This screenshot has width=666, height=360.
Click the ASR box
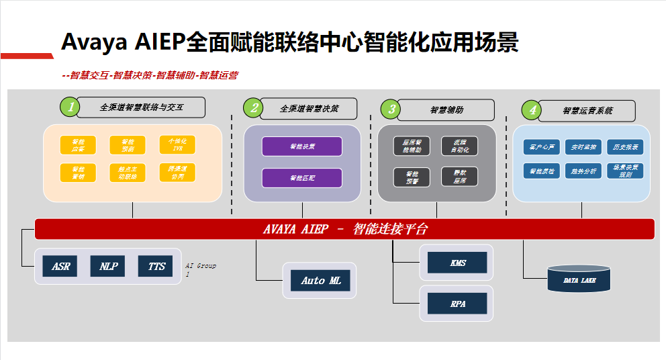tap(60, 267)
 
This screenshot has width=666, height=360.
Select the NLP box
tap(109, 267)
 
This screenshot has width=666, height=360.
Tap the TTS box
tap(156, 267)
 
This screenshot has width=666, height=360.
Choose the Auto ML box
tap(321, 281)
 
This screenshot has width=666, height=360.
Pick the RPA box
tap(458, 304)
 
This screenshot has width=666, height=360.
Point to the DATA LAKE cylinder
tap(579, 280)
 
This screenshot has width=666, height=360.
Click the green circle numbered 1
tap(69, 106)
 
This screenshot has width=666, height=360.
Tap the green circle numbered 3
tap(391, 109)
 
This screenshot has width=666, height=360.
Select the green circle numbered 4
tap(532, 109)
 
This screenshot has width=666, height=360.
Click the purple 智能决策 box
tap(302, 146)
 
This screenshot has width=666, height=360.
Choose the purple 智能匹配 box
tap(302, 178)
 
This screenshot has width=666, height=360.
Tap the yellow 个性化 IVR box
tap(177, 145)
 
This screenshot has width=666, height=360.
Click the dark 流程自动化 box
tap(459, 146)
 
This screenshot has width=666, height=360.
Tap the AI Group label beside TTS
tap(201, 269)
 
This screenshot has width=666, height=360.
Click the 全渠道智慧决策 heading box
tap(309, 108)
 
